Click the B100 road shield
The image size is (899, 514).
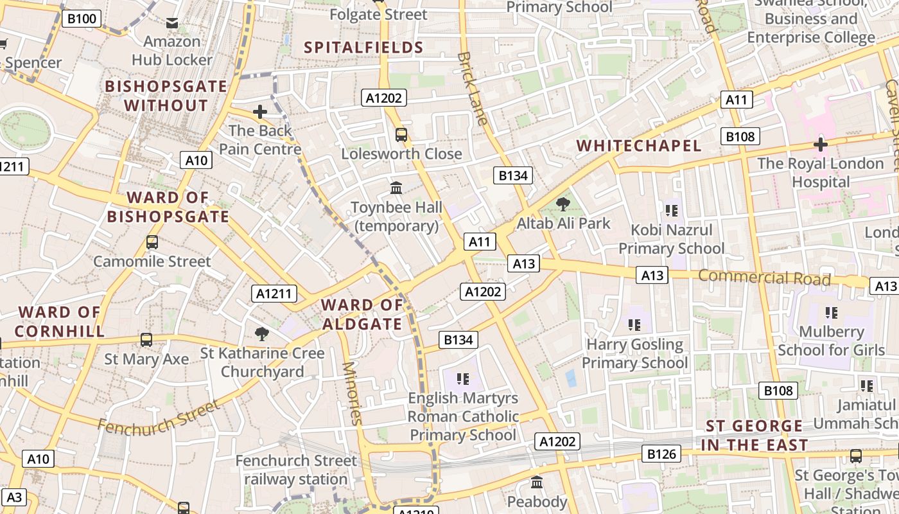[x=82, y=18]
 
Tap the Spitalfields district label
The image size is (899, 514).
[x=363, y=47]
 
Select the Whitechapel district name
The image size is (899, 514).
[x=638, y=145]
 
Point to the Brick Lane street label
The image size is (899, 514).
[x=472, y=87]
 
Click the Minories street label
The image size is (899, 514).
[x=353, y=393]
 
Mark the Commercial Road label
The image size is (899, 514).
[x=764, y=278]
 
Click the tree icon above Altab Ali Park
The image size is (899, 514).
[x=563, y=204]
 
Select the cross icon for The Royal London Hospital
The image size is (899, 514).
[x=820, y=145]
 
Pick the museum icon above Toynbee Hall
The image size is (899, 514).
[x=396, y=188]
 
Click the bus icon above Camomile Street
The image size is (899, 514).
[x=152, y=242]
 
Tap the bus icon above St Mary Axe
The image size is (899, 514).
[x=146, y=339]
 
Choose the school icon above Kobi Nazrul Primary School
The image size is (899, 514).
[x=671, y=210]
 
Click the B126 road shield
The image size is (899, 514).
[x=661, y=454]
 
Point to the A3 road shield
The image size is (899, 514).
[x=14, y=497]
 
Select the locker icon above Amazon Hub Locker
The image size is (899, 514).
[x=172, y=23]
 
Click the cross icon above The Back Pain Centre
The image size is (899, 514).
[x=260, y=112]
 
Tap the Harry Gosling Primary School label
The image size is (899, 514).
[x=634, y=353]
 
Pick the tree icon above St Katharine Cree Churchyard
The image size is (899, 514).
[x=261, y=333]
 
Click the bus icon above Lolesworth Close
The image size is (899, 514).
[x=401, y=135]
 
